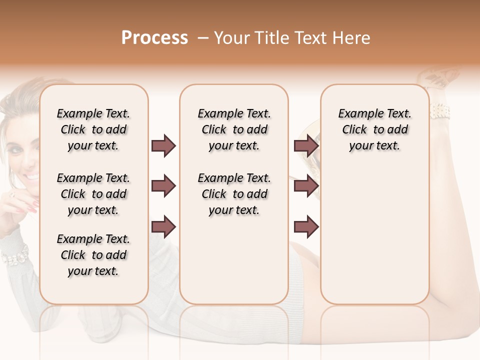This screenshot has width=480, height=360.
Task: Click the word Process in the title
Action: coord(154,38)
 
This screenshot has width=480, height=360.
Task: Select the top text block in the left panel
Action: coord(93,129)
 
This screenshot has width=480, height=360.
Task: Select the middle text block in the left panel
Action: coord(93,194)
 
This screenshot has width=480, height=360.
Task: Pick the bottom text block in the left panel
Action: coord(93,255)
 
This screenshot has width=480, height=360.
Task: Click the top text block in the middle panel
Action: coord(234,129)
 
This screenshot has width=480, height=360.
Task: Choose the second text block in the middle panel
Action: coord(234,194)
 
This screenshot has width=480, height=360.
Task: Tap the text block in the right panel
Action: coord(374,129)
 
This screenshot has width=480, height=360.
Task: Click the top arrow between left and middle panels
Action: coord(163,146)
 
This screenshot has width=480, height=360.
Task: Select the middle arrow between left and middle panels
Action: coord(163,186)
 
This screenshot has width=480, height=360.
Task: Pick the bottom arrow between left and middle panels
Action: coord(163,226)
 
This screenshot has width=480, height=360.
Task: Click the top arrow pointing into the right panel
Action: coord(306,146)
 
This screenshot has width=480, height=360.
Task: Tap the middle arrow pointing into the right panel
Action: coord(306,186)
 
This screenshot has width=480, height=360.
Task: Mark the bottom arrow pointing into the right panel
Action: coord(306,226)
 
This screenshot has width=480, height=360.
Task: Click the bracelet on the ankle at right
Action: coord(440,111)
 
